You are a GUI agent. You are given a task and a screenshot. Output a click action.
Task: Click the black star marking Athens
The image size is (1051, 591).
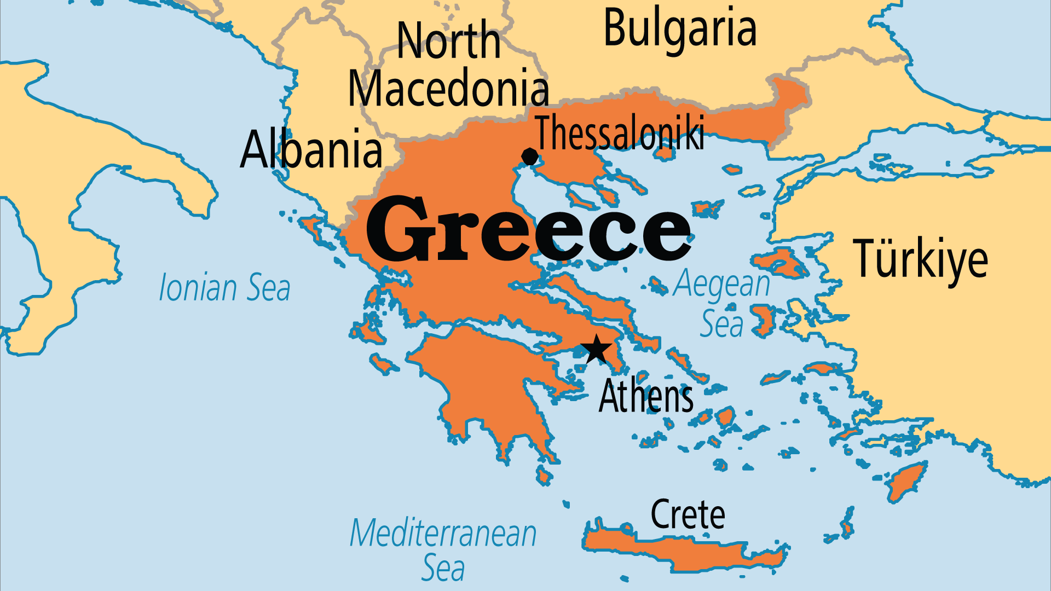(x=596, y=349)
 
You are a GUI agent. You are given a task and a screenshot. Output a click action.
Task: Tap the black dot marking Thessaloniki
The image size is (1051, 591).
(x=529, y=157)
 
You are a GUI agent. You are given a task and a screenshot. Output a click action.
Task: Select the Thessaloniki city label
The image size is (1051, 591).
(x=620, y=133)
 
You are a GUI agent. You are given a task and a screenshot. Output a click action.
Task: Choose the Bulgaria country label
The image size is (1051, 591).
(x=680, y=28)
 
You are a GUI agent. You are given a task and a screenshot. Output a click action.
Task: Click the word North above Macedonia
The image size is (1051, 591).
(x=448, y=40)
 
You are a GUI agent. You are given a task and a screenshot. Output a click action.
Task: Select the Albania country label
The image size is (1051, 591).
(x=311, y=149)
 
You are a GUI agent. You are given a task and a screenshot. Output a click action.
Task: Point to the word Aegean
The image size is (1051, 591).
(x=721, y=283)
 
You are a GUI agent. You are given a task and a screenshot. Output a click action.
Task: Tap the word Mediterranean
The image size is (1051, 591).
(x=443, y=533)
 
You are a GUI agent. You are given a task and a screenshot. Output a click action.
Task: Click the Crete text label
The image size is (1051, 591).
(x=688, y=514)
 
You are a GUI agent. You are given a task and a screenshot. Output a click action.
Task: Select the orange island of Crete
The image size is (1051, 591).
(x=684, y=550)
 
